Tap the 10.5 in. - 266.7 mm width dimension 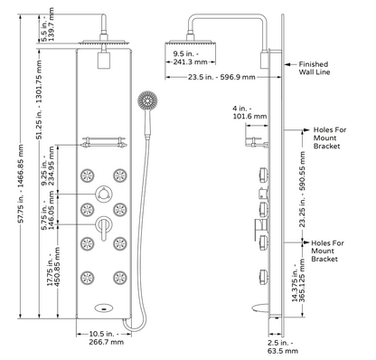coord(106,338)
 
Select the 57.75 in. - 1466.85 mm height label coord(21,184)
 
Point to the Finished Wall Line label coord(314,68)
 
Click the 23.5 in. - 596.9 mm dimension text coord(221,77)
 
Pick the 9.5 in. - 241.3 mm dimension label coord(190,58)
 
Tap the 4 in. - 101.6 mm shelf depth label coord(249,112)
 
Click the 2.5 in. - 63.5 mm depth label coord(283,346)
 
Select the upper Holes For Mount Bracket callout coord(330,138)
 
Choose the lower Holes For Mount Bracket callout coord(327,251)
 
